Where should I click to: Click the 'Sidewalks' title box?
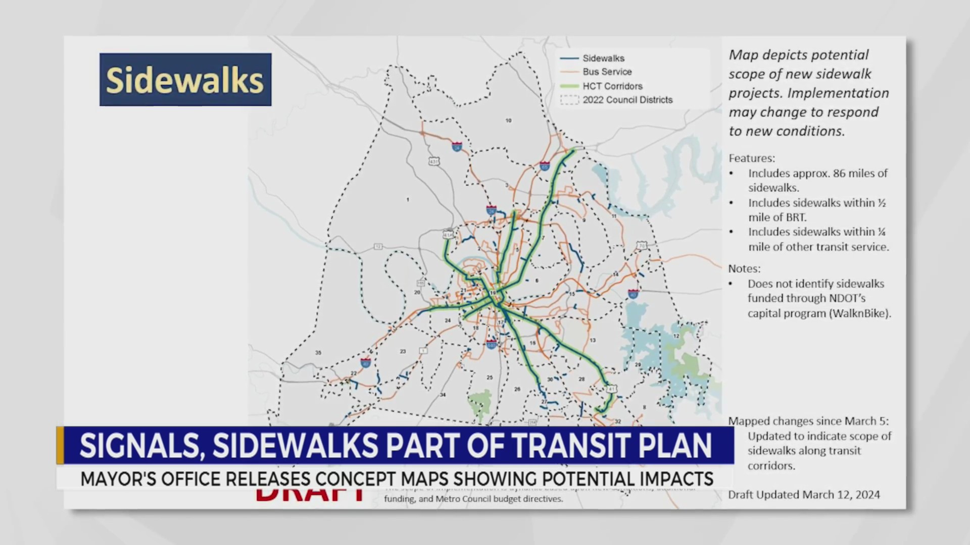tap(185, 80)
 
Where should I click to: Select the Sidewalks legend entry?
tap(603, 59)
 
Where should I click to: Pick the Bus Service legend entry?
tap(607, 72)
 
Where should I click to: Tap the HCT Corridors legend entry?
tap(612, 86)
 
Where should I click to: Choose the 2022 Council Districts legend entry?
tap(627, 100)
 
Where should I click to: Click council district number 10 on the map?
tap(508, 121)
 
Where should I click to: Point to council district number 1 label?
tap(408, 200)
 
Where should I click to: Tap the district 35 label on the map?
tap(318, 353)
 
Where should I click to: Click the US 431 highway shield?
tap(433, 161)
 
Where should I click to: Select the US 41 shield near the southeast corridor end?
tap(612, 389)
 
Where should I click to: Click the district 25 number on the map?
tap(489, 377)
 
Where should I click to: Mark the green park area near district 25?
tap(480, 402)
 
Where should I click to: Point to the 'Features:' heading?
tap(751, 158)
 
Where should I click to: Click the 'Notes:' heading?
tap(744, 269)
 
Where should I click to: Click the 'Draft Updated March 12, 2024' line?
tap(804, 495)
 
